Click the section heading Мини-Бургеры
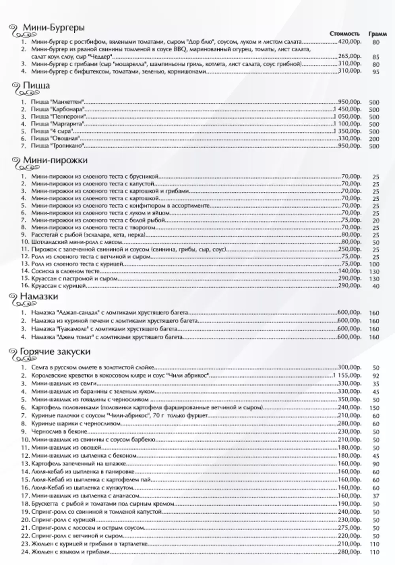53,28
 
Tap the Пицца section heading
36,86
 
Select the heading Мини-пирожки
55,160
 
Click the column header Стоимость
344,34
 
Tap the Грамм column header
377,34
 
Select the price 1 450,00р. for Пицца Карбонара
348,109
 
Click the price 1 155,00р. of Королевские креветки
348,375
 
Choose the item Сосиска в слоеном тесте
60,271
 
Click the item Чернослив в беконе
55,431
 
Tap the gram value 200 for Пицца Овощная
374,139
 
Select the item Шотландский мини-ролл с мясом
77,242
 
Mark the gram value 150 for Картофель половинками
374,408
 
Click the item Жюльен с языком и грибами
70,552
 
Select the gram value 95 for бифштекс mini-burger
375,72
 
